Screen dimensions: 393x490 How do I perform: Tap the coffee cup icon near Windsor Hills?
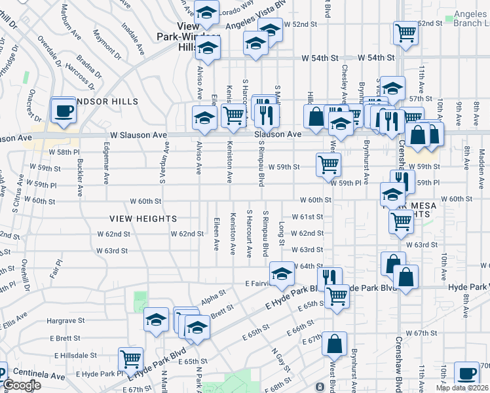(x=64, y=110)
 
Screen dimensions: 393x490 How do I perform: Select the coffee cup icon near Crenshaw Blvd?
(x=466, y=373)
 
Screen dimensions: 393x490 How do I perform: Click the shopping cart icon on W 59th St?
(x=328, y=164)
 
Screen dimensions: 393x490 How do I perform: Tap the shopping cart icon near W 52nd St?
(x=405, y=31)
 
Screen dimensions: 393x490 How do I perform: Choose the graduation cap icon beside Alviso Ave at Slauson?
(x=204, y=119)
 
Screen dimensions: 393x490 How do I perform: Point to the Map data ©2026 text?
(x=462, y=388)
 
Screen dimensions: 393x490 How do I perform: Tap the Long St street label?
(x=282, y=233)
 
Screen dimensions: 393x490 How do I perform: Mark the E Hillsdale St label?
(x=75, y=355)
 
